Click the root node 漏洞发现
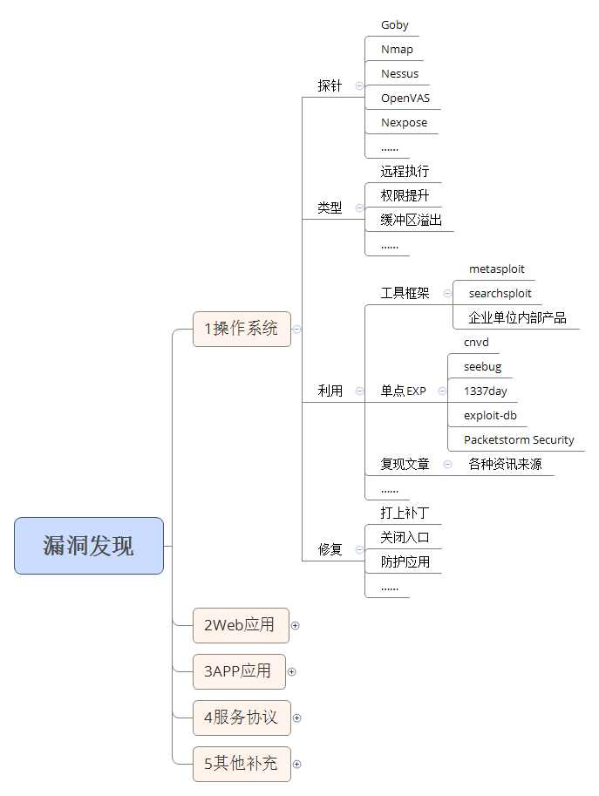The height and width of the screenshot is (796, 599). (89, 546)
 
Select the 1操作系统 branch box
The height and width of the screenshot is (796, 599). (242, 329)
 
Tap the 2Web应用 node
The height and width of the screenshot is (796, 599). (240, 624)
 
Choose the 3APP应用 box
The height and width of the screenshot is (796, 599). (238, 671)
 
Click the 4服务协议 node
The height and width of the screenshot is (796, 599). (242, 718)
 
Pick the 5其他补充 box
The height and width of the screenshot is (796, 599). (242, 764)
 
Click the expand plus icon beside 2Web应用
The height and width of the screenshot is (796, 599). (296, 625)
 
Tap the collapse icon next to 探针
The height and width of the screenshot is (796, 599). (359, 85)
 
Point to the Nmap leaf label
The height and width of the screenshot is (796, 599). (397, 50)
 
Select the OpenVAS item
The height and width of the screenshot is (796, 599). (405, 99)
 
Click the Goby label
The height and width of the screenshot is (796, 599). (394, 25)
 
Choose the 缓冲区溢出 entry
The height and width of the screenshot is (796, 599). (411, 221)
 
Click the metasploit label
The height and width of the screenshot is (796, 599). (496, 269)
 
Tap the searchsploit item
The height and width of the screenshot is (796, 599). (500, 294)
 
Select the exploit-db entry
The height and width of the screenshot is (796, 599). (490, 416)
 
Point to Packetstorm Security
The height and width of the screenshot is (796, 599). (519, 440)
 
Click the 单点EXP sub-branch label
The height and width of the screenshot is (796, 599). (403, 391)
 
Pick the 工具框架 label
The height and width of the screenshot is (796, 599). (405, 294)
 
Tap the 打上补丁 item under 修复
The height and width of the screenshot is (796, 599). (405, 513)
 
